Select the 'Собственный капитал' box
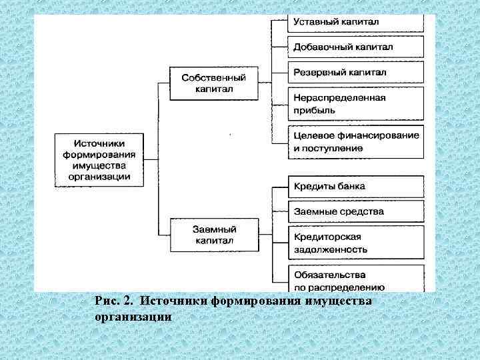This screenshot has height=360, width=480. tap(213, 83)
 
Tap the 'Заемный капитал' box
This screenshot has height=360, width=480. tap(213, 235)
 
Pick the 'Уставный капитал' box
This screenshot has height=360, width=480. tap(356, 22)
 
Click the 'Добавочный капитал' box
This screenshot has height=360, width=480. tap(356, 47)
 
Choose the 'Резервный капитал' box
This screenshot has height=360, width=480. tap(356, 71)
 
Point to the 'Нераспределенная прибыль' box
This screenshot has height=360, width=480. tap(356, 103)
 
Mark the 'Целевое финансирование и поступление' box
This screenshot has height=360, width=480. tap(356, 141)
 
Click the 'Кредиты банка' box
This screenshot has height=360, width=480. tap(356, 186)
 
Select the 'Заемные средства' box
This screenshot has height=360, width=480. tap(356, 211)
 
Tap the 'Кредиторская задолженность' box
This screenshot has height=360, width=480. tap(356, 243)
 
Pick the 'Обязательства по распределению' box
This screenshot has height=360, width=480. tap(356, 279)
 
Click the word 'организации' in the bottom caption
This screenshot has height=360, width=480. tap(133, 317)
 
